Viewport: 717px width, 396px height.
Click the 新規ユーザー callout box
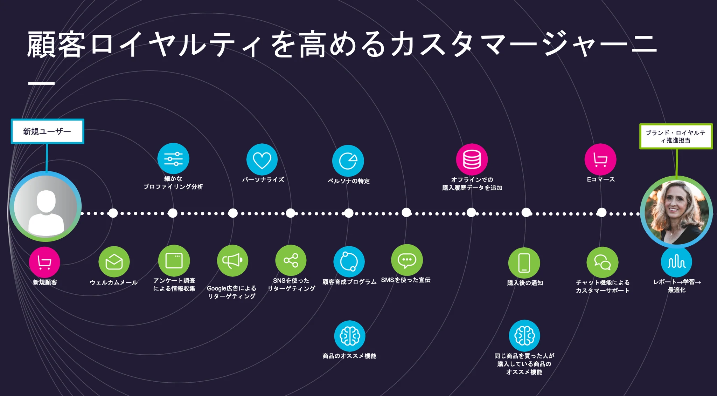(47, 131)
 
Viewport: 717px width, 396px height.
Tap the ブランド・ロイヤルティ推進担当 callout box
(676, 136)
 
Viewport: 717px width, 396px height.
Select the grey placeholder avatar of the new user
(46, 207)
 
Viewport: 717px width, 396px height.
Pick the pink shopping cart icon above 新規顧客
(44, 262)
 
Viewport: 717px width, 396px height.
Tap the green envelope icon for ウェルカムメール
(114, 262)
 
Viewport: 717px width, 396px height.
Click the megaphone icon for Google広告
(232, 261)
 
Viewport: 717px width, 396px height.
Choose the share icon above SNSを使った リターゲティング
(291, 260)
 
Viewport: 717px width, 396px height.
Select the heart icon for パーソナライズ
(262, 159)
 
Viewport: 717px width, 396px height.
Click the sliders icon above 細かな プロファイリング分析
(173, 159)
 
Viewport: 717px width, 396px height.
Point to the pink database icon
(472, 159)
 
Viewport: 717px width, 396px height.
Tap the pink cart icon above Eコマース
(600, 159)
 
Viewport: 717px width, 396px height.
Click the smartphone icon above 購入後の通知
(524, 263)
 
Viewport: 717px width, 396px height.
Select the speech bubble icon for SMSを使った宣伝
(407, 260)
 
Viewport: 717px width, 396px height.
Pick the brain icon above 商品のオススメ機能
(350, 336)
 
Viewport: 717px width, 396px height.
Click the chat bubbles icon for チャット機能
(602, 262)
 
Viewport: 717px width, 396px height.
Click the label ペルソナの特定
(349, 181)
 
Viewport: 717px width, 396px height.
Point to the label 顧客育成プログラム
(349, 282)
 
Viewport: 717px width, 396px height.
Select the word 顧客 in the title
(56, 45)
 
